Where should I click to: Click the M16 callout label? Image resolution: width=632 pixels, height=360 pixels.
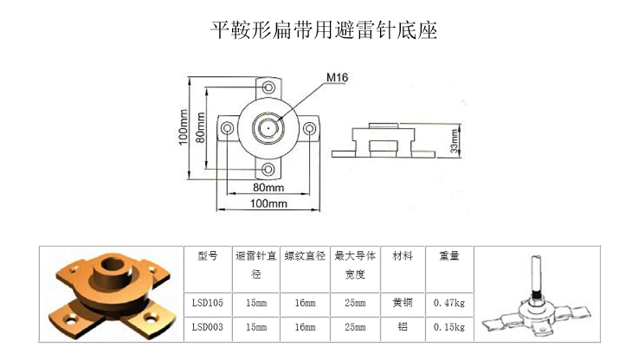click(337, 77)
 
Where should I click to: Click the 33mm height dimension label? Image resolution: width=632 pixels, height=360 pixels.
click(455, 141)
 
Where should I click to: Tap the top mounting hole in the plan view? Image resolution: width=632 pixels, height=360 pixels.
click(268, 87)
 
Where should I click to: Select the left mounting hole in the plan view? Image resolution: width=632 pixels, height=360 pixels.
click(228, 128)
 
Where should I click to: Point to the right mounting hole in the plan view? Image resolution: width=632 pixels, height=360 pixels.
click(309, 128)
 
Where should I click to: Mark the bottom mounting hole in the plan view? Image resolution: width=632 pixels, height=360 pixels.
click(268, 170)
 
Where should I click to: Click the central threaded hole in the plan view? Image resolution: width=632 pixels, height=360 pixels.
click(268, 128)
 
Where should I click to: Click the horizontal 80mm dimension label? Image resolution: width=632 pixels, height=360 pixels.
click(268, 187)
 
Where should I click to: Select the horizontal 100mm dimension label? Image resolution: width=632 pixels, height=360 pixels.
click(268, 203)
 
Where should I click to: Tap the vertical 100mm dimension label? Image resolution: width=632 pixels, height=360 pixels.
click(184, 127)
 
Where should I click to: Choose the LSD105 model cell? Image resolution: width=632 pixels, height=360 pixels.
click(208, 303)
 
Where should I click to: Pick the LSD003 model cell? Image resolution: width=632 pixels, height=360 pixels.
click(208, 327)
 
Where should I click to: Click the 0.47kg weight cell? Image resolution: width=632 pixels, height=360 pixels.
click(449, 303)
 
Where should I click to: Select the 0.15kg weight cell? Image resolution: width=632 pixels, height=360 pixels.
click(449, 327)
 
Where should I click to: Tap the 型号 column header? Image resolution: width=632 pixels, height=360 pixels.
click(208, 255)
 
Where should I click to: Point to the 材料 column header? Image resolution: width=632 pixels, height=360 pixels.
click(403, 255)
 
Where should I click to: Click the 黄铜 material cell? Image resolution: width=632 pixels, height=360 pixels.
click(403, 302)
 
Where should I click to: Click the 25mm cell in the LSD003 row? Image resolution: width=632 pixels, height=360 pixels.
click(355, 327)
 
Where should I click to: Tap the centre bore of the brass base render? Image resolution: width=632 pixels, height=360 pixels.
click(112, 265)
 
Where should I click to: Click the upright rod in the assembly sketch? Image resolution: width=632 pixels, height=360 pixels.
click(537, 277)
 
